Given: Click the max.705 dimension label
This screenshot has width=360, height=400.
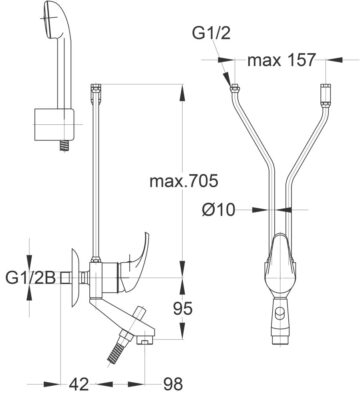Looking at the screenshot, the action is pyautogui.click(x=184, y=181).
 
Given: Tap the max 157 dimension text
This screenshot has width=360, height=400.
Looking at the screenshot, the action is pyautogui.click(x=281, y=60).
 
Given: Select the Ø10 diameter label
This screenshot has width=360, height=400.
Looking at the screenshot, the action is pyautogui.click(x=219, y=210).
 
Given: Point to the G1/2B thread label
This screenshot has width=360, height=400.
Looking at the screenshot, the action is pyautogui.click(x=31, y=278).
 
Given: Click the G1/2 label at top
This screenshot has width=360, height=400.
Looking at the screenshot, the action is pyautogui.click(x=211, y=33).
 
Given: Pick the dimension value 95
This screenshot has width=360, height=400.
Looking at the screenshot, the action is pyautogui.click(x=183, y=309).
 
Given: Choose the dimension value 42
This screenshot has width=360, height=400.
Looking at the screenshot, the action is pyautogui.click(x=79, y=384).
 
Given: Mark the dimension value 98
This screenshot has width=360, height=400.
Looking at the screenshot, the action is pyautogui.click(x=173, y=384).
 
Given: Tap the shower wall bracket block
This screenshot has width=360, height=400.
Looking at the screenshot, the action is pyautogui.click(x=54, y=125).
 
